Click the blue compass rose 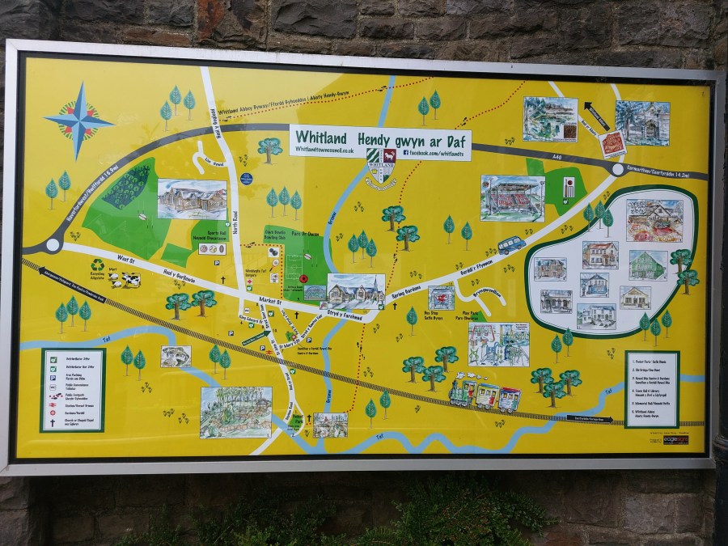tap(79, 119)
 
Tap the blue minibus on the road tap(510, 245)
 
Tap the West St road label tap(125, 259)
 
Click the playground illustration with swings tap(498, 344)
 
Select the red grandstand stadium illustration tap(512, 197)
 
